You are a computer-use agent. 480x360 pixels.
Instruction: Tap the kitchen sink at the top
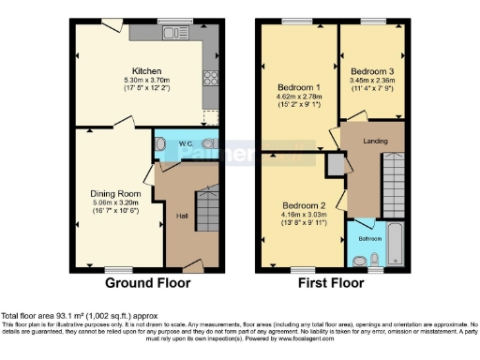pyautogui.click(x=172, y=34)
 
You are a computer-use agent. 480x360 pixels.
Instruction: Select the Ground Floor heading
pyautogui.click(x=147, y=282)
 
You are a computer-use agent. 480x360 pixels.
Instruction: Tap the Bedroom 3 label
pyautogui.click(x=370, y=70)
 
